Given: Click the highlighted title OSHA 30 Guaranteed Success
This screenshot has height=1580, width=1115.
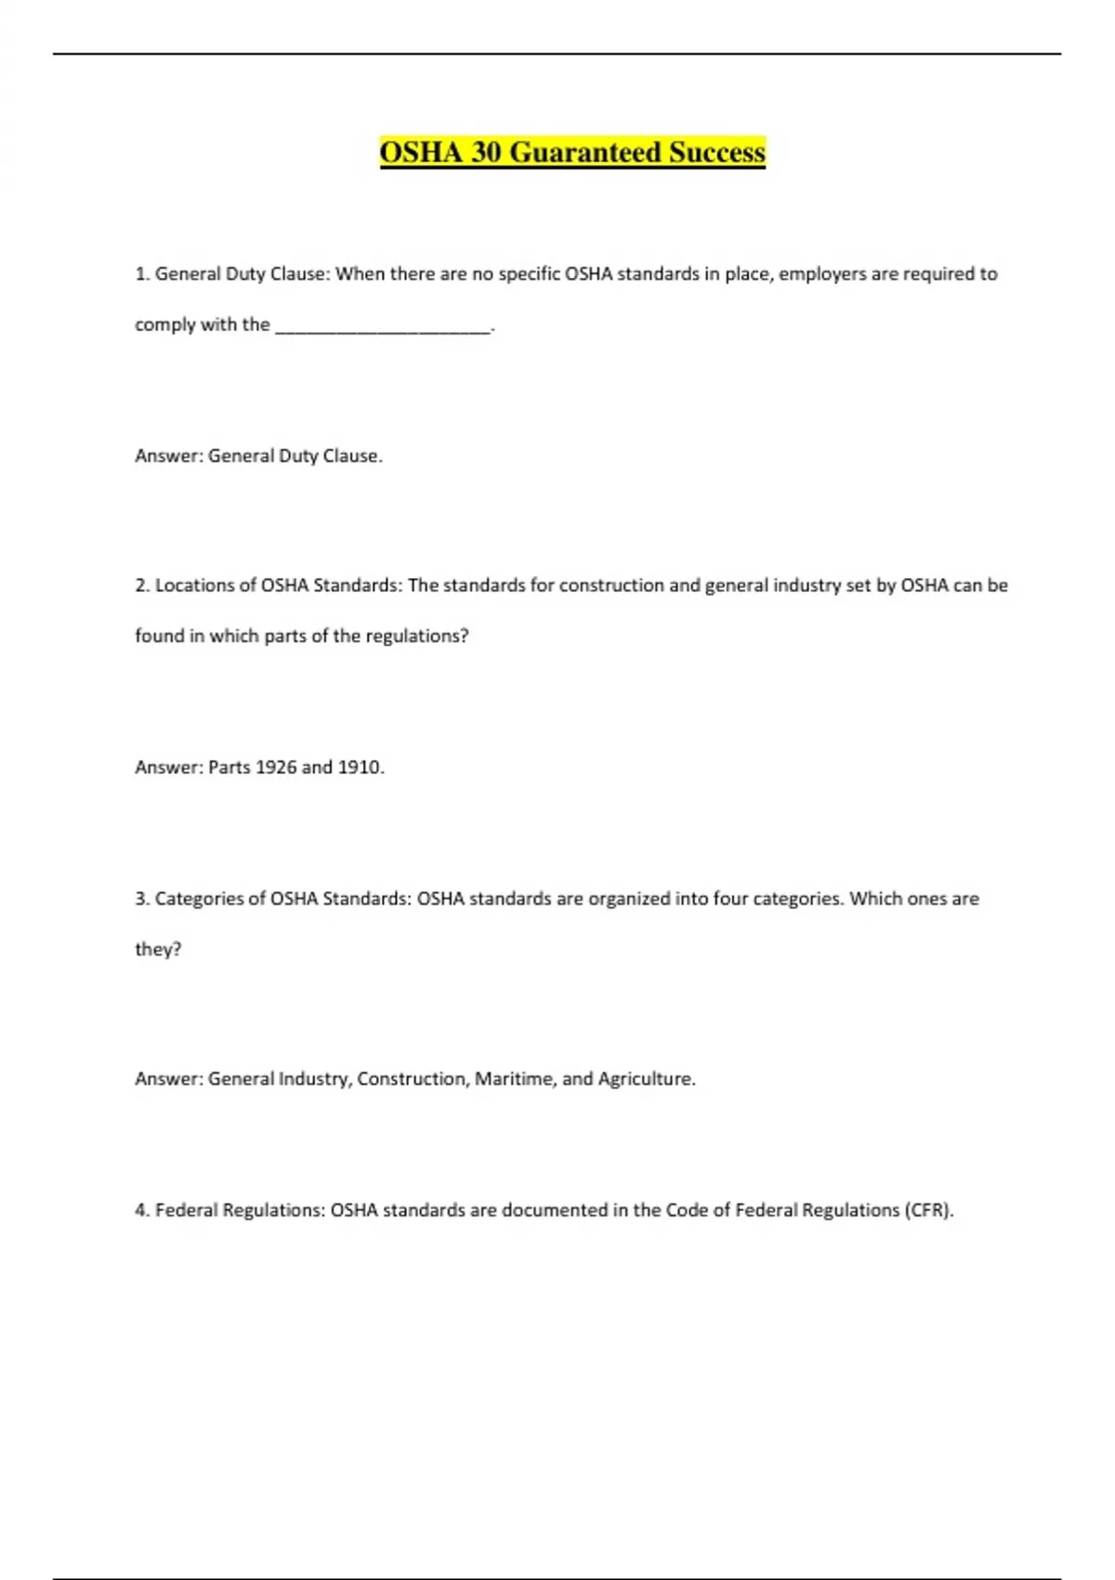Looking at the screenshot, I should tap(572, 151).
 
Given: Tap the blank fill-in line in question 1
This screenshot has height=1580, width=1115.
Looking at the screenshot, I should tap(383, 326).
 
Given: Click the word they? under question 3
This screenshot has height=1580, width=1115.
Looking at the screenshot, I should tap(158, 949).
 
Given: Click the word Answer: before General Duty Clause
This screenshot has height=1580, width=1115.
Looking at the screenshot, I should tap(168, 455).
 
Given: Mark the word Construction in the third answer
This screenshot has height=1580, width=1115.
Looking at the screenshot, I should tap(413, 1078).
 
